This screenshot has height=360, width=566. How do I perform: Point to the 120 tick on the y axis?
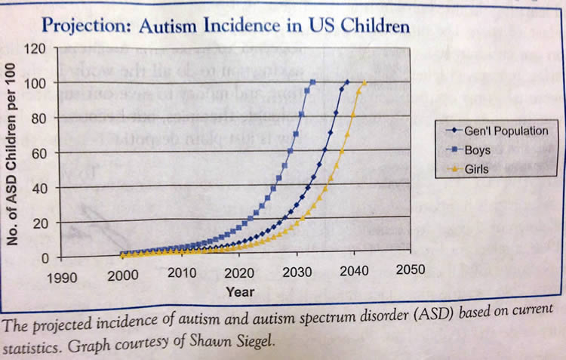(35, 49)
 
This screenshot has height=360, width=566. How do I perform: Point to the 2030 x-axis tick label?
(298, 272)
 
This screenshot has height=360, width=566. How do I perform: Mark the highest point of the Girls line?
(365, 82)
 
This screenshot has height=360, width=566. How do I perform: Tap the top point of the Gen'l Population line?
(346, 82)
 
